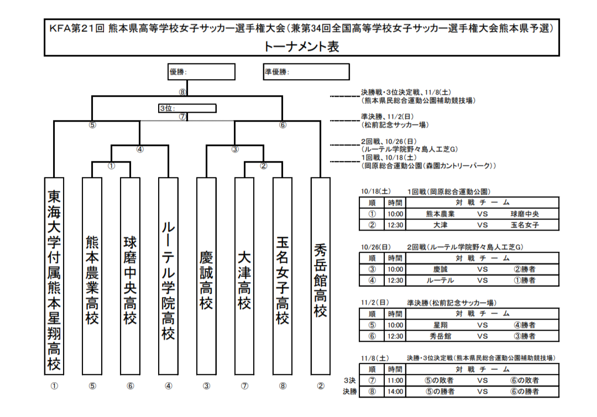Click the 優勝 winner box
click(201, 72)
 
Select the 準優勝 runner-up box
click(306, 72)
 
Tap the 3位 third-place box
click(187, 108)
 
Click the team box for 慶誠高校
click(206, 277)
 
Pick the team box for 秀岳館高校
click(320, 277)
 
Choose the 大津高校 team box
click(244, 277)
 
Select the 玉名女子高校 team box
click(282, 277)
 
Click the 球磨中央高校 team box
click(130, 277)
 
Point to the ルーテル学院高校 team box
click(168, 277)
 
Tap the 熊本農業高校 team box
click(92, 277)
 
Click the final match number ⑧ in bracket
click(182, 92)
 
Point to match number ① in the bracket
click(111, 165)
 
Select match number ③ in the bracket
click(235, 149)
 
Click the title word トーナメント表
click(301, 46)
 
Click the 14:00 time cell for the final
click(395, 392)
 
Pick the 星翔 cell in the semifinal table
click(440, 325)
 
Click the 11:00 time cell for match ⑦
click(395, 380)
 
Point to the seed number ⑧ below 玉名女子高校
click(282, 386)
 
